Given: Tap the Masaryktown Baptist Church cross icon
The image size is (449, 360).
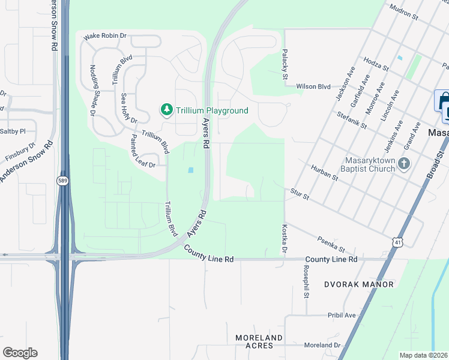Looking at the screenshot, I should (405, 163).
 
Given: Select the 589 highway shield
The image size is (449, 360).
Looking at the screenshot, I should (62, 180).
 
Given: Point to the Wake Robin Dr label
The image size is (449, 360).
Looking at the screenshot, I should (105, 36).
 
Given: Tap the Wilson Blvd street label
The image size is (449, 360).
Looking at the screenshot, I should (313, 86).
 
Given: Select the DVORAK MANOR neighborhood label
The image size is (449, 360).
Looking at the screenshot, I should (359, 284).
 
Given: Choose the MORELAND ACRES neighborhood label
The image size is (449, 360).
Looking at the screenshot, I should (259, 342).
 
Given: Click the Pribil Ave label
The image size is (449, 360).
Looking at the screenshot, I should (342, 315).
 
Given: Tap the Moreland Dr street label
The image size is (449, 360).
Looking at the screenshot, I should (322, 346).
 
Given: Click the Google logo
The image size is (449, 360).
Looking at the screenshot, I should (20, 353).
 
